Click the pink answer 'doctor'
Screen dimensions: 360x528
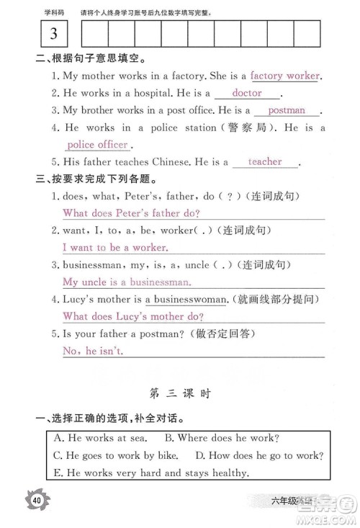point(247,93)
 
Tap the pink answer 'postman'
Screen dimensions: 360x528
point(286,110)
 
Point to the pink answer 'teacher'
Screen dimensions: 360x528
point(264,162)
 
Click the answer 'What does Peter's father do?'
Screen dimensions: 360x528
point(131,213)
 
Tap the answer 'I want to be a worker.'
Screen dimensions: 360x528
point(115,248)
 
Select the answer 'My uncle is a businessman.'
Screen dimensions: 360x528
point(127,282)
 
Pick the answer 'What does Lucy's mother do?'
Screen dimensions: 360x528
point(133,316)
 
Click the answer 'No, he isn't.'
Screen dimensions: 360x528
point(93,351)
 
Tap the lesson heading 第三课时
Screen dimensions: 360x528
point(179,394)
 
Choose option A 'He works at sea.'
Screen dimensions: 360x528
point(99,437)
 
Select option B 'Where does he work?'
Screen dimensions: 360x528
point(222,437)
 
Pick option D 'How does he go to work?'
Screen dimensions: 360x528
point(258,455)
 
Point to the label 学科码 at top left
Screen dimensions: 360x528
point(54,12)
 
